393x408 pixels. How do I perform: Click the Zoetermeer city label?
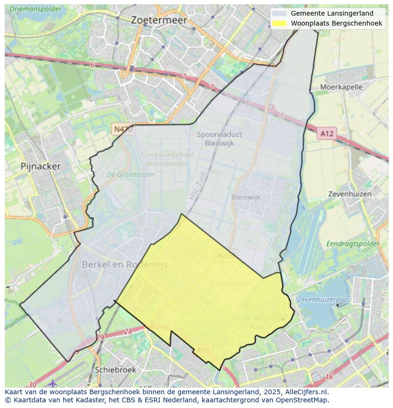tap(159, 20)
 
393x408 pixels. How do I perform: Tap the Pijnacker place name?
tap(41, 166)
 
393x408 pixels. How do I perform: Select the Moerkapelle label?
tap(341, 87)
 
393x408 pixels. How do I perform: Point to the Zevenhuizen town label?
tap(350, 194)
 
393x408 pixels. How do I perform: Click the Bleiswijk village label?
tap(246, 197)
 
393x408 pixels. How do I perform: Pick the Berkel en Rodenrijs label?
tap(125, 264)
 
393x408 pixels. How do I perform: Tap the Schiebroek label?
tap(115, 370)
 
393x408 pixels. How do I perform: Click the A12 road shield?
tap(327, 134)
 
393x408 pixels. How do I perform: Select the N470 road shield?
tap(122, 129)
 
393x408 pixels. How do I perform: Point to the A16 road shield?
tap(203, 351)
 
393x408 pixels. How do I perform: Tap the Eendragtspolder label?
tap(353, 244)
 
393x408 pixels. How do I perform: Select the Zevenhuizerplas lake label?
tap(323, 299)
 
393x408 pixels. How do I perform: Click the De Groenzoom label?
tap(130, 174)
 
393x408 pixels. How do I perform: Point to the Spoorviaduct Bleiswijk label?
tap(219, 139)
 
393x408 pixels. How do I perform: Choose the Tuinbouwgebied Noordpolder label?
tap(167, 158)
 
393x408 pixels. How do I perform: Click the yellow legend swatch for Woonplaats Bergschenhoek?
tap(280, 23)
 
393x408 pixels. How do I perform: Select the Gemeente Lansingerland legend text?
tap(332, 13)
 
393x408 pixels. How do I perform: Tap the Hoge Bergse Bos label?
tap(255, 322)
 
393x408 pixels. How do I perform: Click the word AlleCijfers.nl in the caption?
tap(305, 392)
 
